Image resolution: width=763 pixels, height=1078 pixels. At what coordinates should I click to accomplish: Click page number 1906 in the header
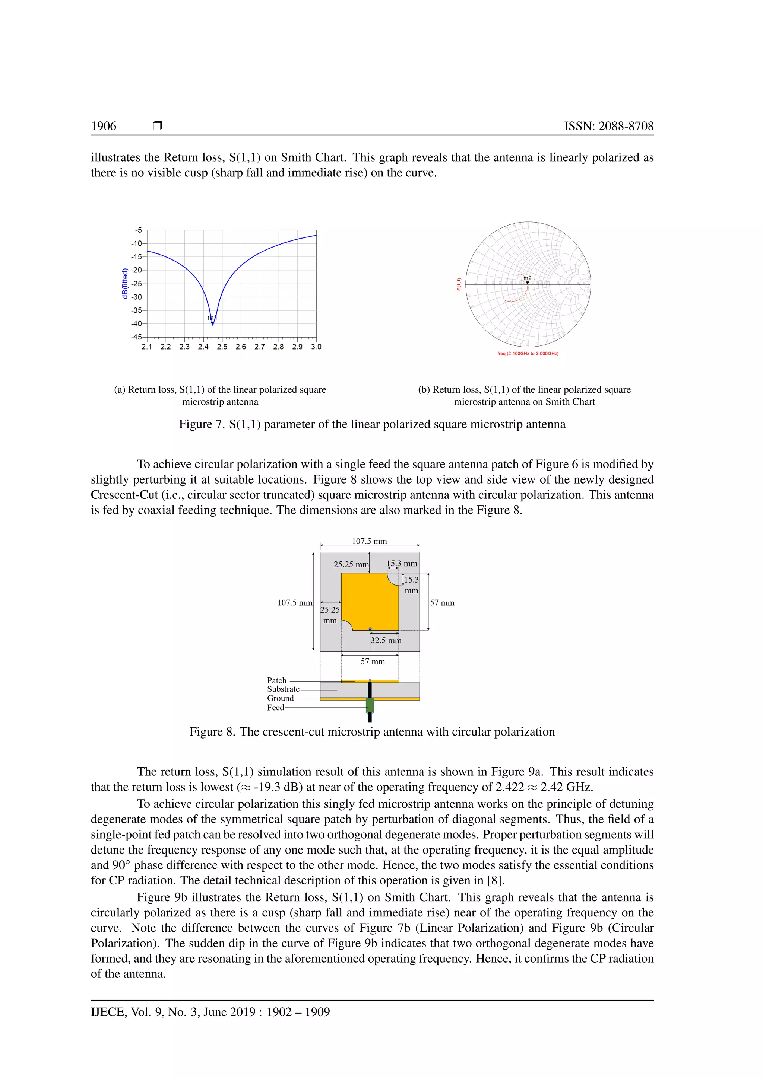pos(103,126)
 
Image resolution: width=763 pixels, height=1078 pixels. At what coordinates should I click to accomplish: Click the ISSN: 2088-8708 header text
pos(608,126)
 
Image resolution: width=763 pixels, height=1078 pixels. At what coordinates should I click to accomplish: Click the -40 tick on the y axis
pos(136,323)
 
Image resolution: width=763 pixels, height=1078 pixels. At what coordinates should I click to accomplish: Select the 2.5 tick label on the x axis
pos(222,347)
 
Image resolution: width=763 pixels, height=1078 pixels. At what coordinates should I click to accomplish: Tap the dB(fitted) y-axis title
pos(124,284)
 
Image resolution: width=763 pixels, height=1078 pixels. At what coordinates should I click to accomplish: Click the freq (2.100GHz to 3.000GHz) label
pos(528,354)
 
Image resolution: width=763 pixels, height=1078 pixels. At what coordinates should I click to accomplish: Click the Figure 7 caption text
pos(372,424)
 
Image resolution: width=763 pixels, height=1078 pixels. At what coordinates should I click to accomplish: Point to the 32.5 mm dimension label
pos(386,640)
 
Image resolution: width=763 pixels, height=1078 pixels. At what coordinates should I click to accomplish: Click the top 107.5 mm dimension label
pos(369,541)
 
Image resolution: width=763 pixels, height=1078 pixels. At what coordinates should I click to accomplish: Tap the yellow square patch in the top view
pos(369,603)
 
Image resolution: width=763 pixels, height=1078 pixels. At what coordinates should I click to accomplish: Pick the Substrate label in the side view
pos(283,689)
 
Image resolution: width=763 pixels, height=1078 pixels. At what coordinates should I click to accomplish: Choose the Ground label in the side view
pos(281,698)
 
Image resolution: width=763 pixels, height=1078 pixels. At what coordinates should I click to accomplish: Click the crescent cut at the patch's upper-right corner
pos(394,578)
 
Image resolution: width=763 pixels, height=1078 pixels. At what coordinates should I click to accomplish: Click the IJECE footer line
pos(210,1012)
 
